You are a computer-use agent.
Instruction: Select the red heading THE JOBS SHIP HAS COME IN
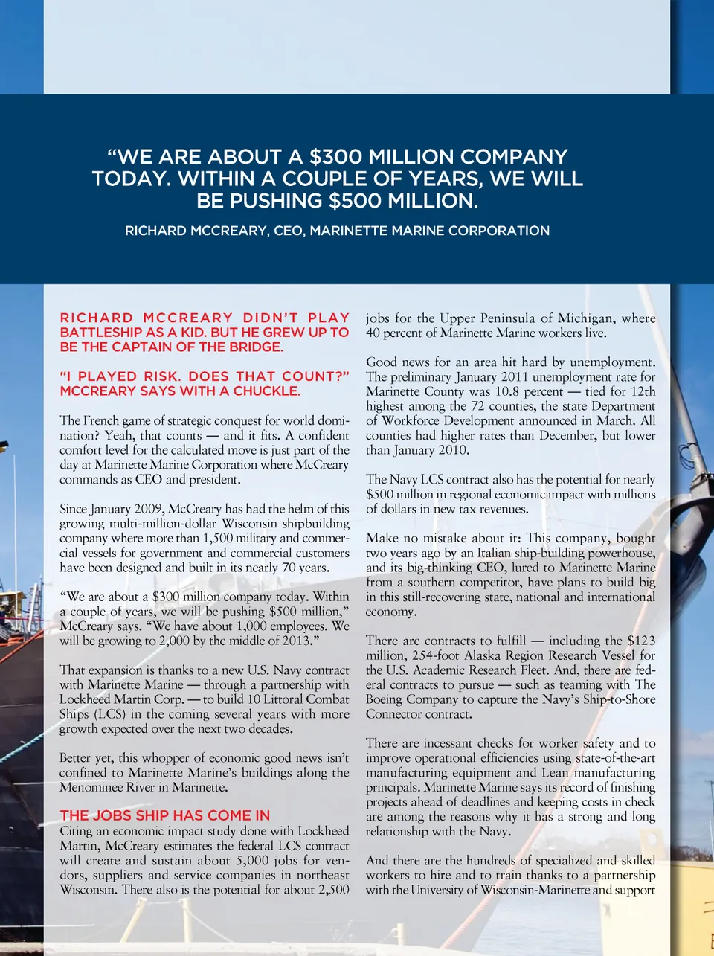click(164, 815)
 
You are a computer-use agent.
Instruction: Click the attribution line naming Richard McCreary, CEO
click(337, 231)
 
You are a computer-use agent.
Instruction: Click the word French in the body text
click(101, 420)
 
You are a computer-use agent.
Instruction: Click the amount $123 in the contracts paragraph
click(640, 641)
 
